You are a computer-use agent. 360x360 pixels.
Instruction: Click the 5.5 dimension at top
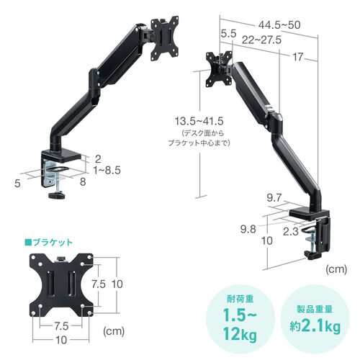230,33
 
